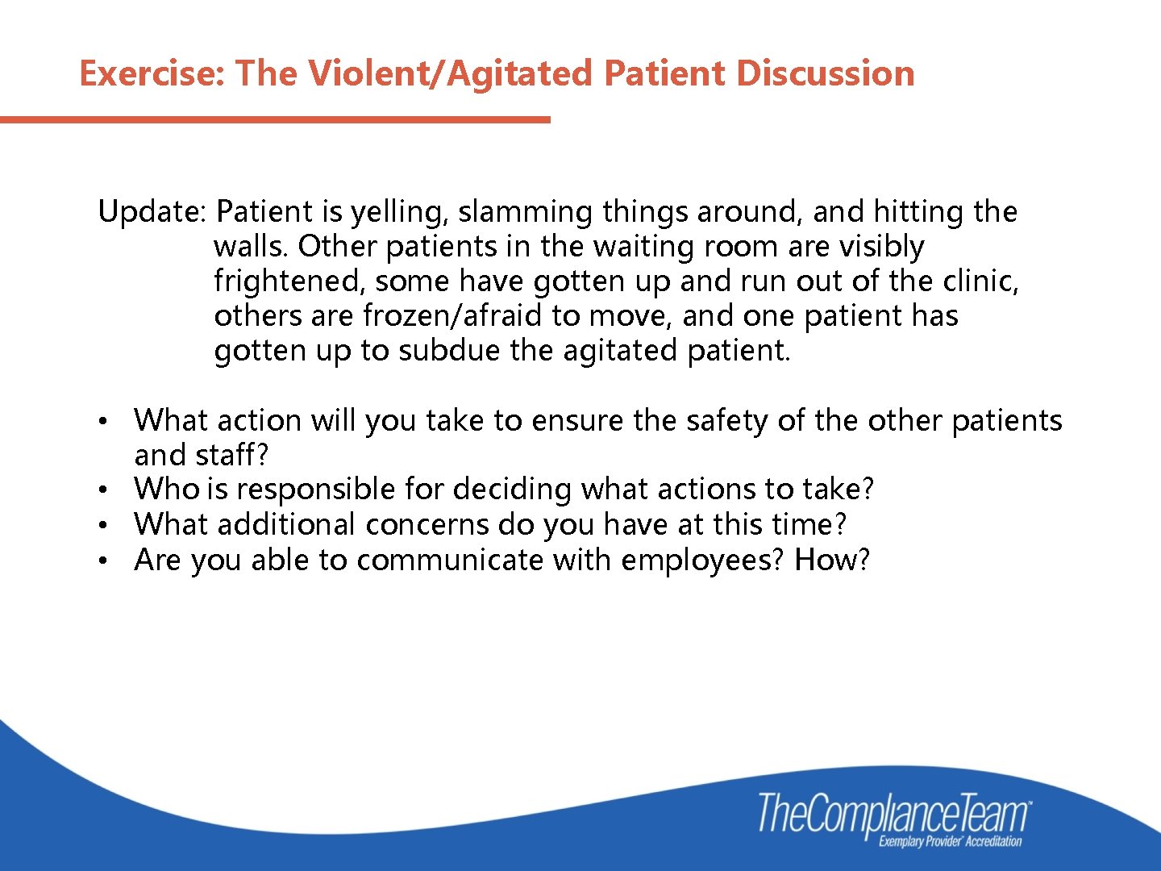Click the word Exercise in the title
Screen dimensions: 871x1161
point(149,73)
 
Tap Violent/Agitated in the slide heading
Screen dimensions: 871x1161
point(451,73)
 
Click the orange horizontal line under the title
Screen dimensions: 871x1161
point(274,120)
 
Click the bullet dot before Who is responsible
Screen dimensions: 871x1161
point(103,490)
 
